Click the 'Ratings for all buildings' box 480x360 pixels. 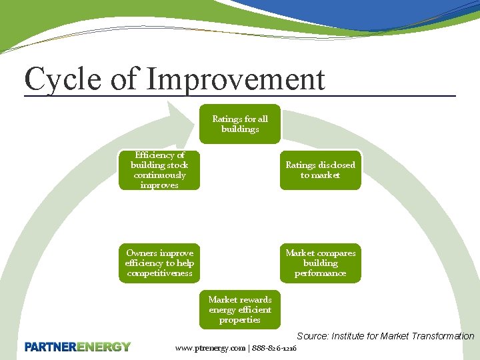240,124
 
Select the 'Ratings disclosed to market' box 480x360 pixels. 320,170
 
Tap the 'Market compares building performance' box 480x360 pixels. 320,263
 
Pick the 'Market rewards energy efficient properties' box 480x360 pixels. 240,309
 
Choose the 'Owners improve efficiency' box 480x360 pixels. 159,263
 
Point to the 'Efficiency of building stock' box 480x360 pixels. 159,170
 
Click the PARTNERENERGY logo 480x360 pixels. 78,347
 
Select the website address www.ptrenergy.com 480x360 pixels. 210,348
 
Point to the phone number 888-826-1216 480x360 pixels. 274,348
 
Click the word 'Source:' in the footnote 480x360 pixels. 312,336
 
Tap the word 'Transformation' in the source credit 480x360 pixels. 443,336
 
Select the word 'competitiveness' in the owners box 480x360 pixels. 159,273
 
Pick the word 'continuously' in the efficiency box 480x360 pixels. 159,175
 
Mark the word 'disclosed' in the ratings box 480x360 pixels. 337,165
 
